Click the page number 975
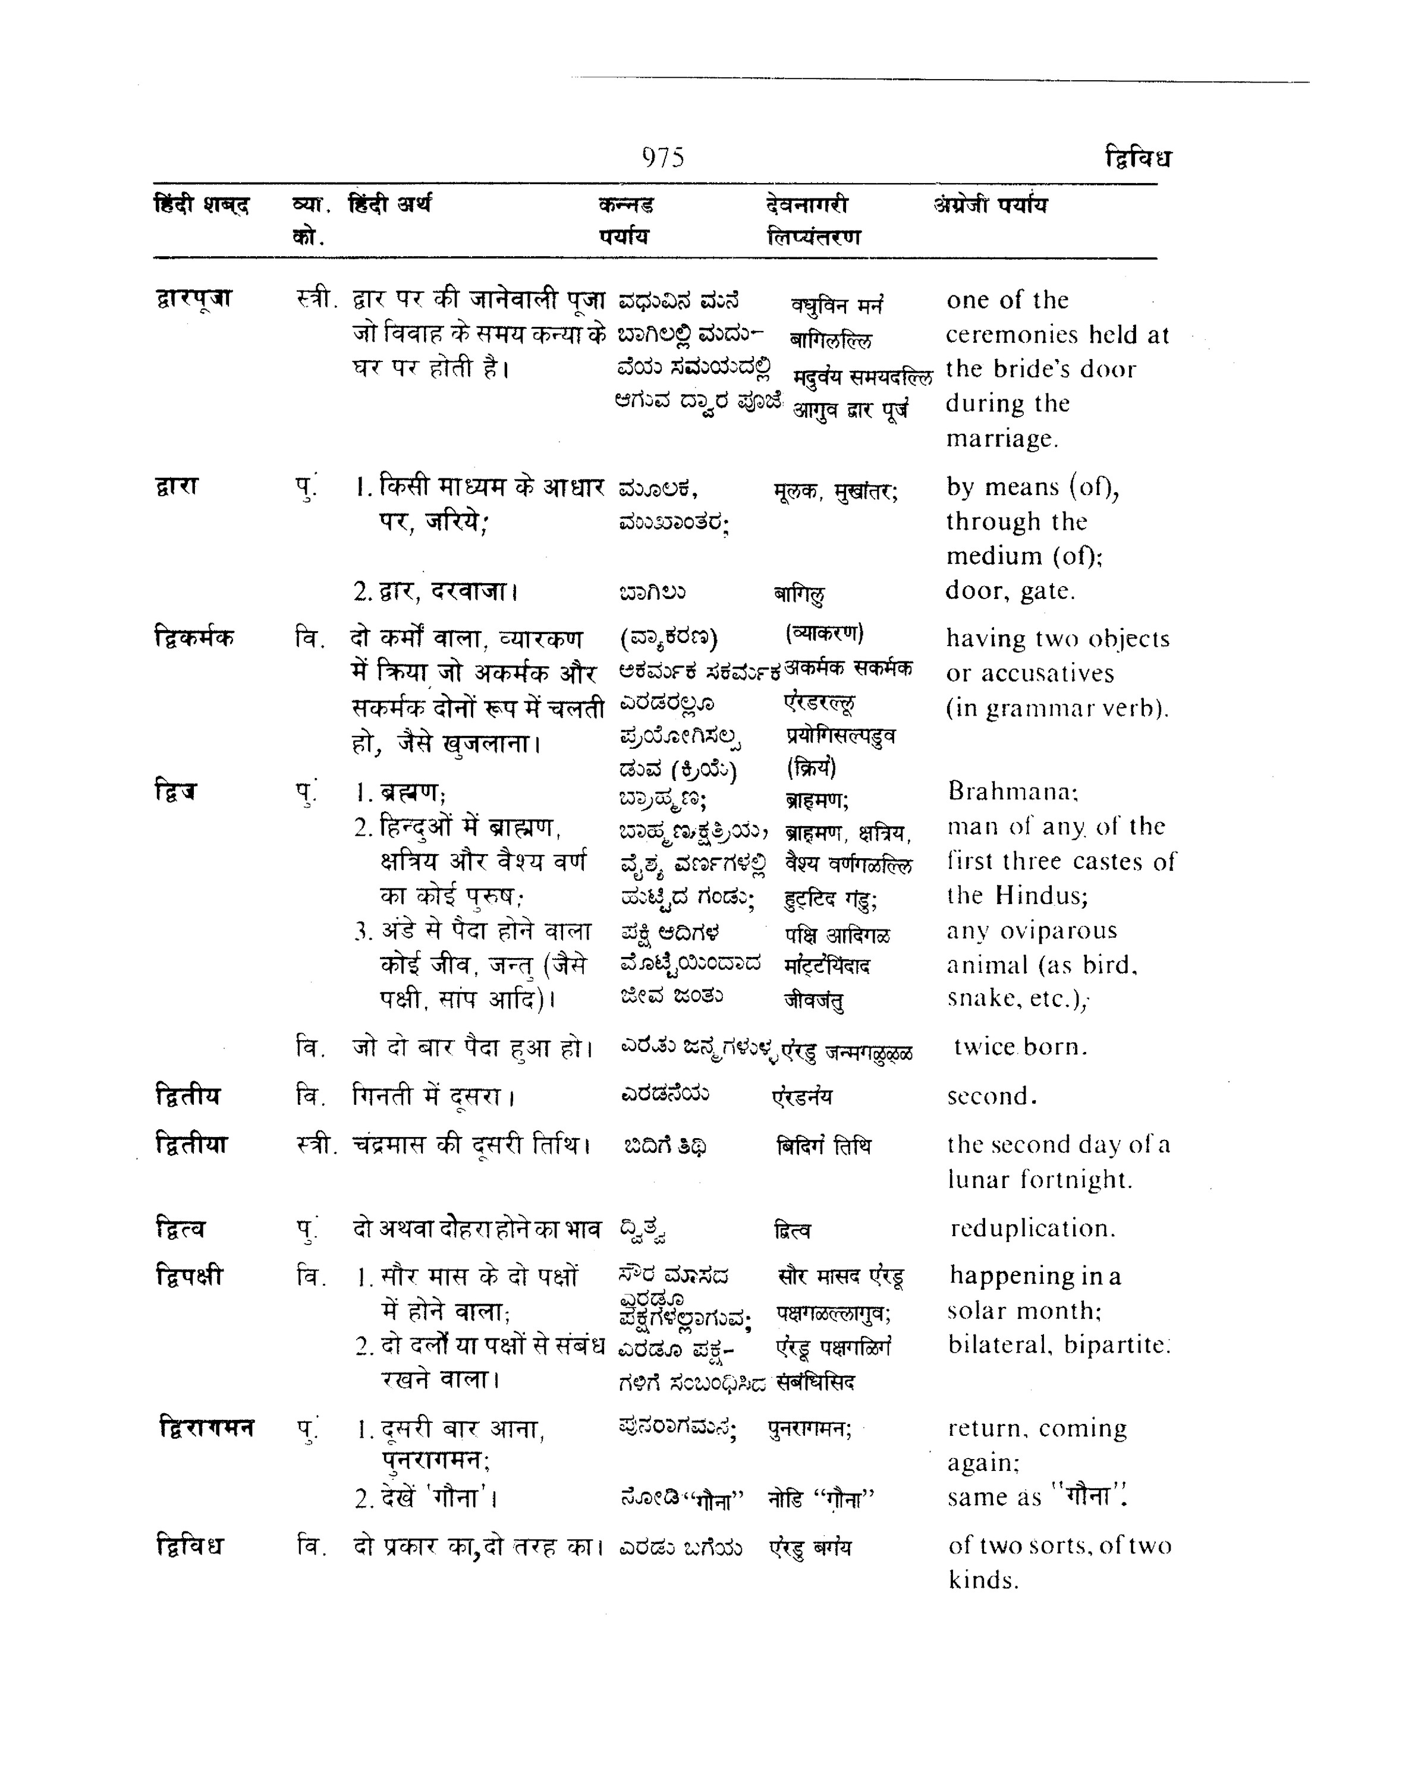click(663, 157)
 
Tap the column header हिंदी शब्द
click(202, 204)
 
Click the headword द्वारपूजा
click(194, 298)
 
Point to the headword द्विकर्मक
click(194, 638)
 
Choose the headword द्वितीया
click(191, 1145)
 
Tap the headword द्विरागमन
click(206, 1428)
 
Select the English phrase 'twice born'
click(1020, 1047)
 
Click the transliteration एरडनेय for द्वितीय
click(801, 1097)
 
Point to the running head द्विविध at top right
click(1137, 157)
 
